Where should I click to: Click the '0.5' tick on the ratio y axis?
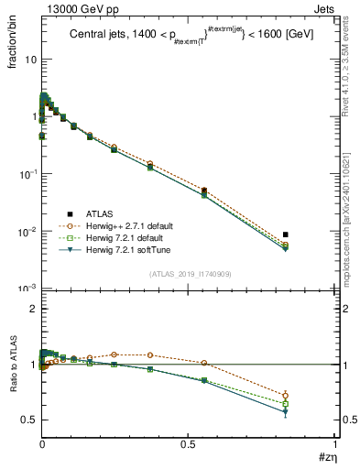(28, 420)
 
